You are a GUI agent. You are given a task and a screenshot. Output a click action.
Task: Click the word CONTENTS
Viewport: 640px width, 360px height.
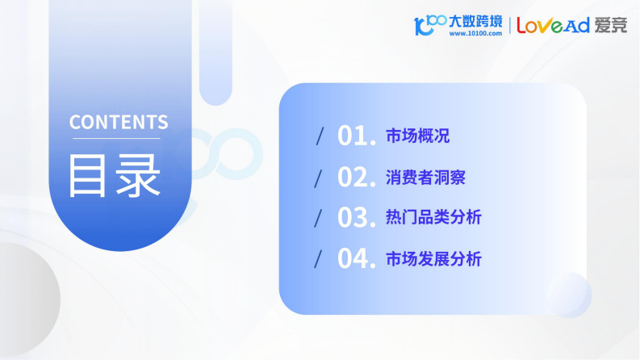point(119,123)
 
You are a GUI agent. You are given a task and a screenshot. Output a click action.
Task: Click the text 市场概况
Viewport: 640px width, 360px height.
point(417,136)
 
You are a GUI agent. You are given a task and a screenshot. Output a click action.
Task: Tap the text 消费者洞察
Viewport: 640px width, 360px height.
point(425,177)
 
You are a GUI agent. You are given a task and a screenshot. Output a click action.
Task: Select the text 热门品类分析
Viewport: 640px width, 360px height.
point(433,218)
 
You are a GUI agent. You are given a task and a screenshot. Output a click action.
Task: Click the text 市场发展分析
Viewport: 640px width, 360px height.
point(433,259)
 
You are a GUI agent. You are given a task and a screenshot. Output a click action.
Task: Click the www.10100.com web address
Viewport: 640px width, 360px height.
point(475,34)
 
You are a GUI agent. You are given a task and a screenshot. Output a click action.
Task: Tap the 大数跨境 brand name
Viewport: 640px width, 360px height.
point(475,20)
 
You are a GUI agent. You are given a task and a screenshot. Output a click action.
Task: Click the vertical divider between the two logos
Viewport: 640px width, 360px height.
point(509,25)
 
